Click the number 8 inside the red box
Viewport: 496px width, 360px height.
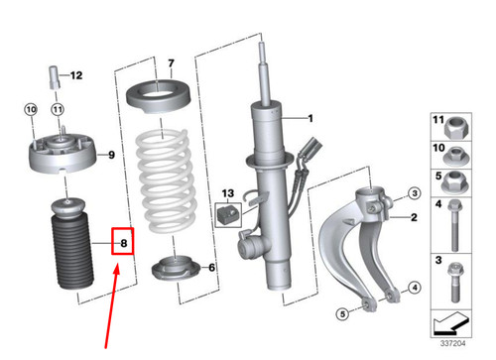(124, 243)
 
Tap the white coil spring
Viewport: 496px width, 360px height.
(166, 181)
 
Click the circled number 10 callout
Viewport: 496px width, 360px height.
(31, 109)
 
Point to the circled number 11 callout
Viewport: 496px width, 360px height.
(58, 109)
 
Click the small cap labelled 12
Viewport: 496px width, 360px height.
(55, 77)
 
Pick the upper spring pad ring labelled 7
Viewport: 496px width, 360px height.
(158, 96)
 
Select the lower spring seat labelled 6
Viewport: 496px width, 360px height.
(177, 269)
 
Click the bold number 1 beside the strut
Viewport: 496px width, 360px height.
(310, 118)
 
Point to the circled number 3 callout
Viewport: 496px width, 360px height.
(415, 193)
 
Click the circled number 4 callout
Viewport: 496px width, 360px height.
(415, 288)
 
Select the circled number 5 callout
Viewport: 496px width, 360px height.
(342, 313)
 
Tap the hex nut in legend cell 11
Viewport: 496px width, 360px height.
(456, 129)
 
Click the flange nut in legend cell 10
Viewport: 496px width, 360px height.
(456, 157)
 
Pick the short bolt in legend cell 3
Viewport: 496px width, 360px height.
(455, 282)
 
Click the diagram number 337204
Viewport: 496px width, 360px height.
(452, 343)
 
